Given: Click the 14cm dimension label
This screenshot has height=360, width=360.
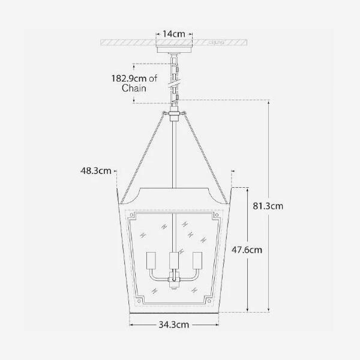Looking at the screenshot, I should [175, 34].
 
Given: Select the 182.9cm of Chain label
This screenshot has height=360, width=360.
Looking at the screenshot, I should [134, 83].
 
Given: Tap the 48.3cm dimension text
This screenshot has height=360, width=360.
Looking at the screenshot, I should [96, 170].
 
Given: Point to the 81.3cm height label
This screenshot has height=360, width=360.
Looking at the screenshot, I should [268, 206].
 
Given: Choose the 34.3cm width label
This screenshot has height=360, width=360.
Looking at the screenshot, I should [174, 325].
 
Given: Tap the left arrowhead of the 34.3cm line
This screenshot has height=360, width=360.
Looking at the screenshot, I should [131, 325].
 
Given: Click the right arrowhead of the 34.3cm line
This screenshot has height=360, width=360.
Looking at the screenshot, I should [218, 325].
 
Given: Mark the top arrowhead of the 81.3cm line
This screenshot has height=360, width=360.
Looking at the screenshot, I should [268, 102].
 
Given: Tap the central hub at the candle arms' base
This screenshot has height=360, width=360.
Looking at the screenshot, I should [174, 280].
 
